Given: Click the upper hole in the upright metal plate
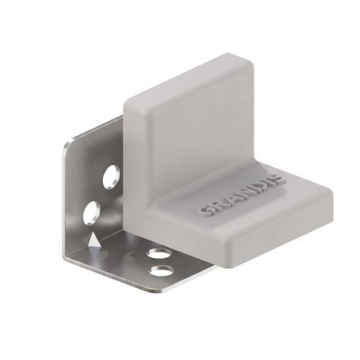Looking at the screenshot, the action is coord(112,176).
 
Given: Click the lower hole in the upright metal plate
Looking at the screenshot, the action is coord(91,212).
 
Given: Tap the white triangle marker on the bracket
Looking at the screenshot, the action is coord(94,240).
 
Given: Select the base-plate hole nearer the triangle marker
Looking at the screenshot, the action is coord(160,254).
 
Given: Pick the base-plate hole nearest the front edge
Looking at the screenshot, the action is coord(161,270).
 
